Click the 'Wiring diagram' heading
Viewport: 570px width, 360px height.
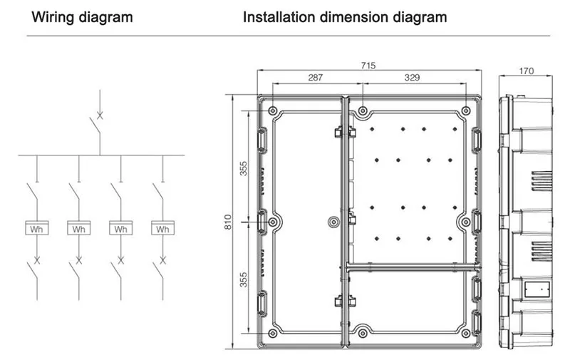(x=81, y=16)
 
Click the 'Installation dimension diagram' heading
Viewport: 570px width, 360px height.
(x=345, y=16)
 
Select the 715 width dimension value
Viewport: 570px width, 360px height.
(x=368, y=66)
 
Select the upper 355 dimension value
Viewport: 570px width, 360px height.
(x=244, y=169)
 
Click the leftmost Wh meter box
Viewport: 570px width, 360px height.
(x=36, y=230)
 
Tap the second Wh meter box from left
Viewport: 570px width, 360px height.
(x=78, y=230)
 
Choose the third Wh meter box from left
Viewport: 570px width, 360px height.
(x=120, y=230)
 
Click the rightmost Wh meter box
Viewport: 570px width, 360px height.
(x=162, y=230)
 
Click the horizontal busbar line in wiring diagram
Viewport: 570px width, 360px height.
(x=100, y=155)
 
